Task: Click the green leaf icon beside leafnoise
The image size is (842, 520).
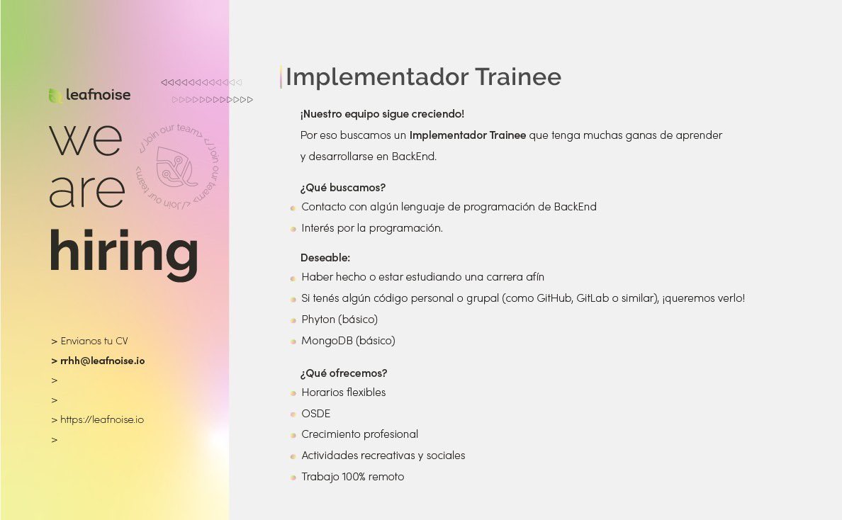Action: tap(55, 96)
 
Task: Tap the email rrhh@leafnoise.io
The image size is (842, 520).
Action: tap(103, 361)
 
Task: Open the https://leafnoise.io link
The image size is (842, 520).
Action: tap(102, 419)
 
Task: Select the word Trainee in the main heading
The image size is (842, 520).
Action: tap(518, 77)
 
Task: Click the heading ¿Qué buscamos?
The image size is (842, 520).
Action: tap(342, 188)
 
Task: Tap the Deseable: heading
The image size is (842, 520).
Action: tap(325, 258)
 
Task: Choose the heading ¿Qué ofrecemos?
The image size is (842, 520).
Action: tap(344, 373)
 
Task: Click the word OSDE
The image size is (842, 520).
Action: tap(316, 414)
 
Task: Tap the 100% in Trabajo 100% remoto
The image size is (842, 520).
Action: tap(354, 477)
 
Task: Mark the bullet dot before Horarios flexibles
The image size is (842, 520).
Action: tap(293, 393)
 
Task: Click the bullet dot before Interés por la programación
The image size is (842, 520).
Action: tap(293, 229)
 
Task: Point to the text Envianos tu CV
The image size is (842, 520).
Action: tap(94, 341)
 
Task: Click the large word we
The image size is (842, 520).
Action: tap(86, 140)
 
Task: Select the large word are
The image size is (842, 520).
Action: tap(87, 191)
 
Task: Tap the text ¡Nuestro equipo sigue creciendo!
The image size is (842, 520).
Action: tap(382, 114)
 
